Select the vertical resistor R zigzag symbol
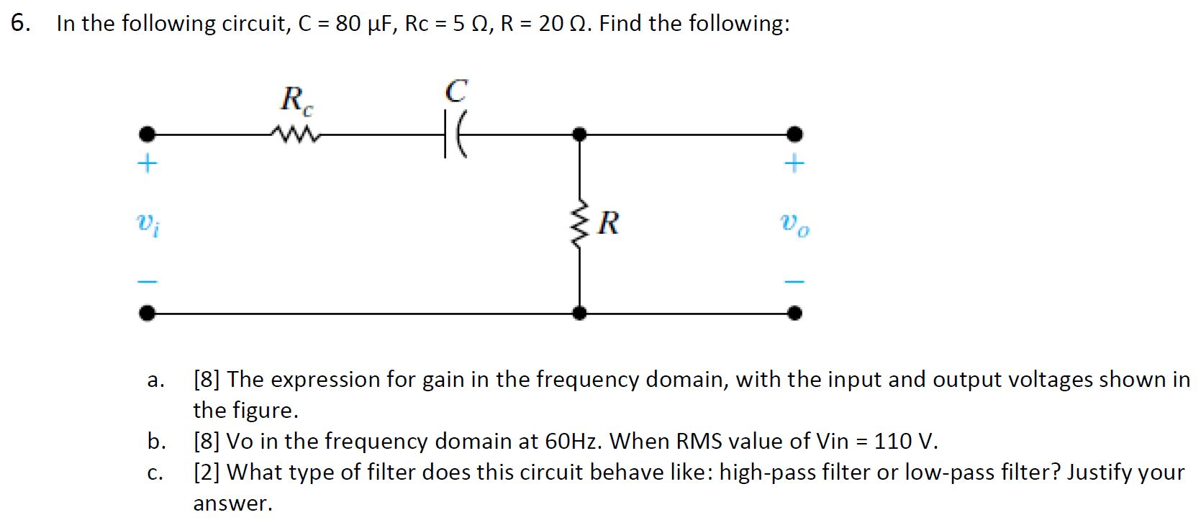tap(579, 223)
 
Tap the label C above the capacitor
tap(456, 91)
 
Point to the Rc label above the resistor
tap(296, 99)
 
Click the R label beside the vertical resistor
tap(608, 224)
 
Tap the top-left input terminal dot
tap(147, 134)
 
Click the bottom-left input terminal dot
tap(147, 313)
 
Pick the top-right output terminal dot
tap(794, 134)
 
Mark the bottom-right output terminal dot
tap(794, 313)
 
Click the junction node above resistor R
tap(579, 134)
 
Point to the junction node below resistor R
tap(579, 313)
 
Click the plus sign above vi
tap(147, 164)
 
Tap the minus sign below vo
tap(794, 280)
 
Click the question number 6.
tap(21, 24)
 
